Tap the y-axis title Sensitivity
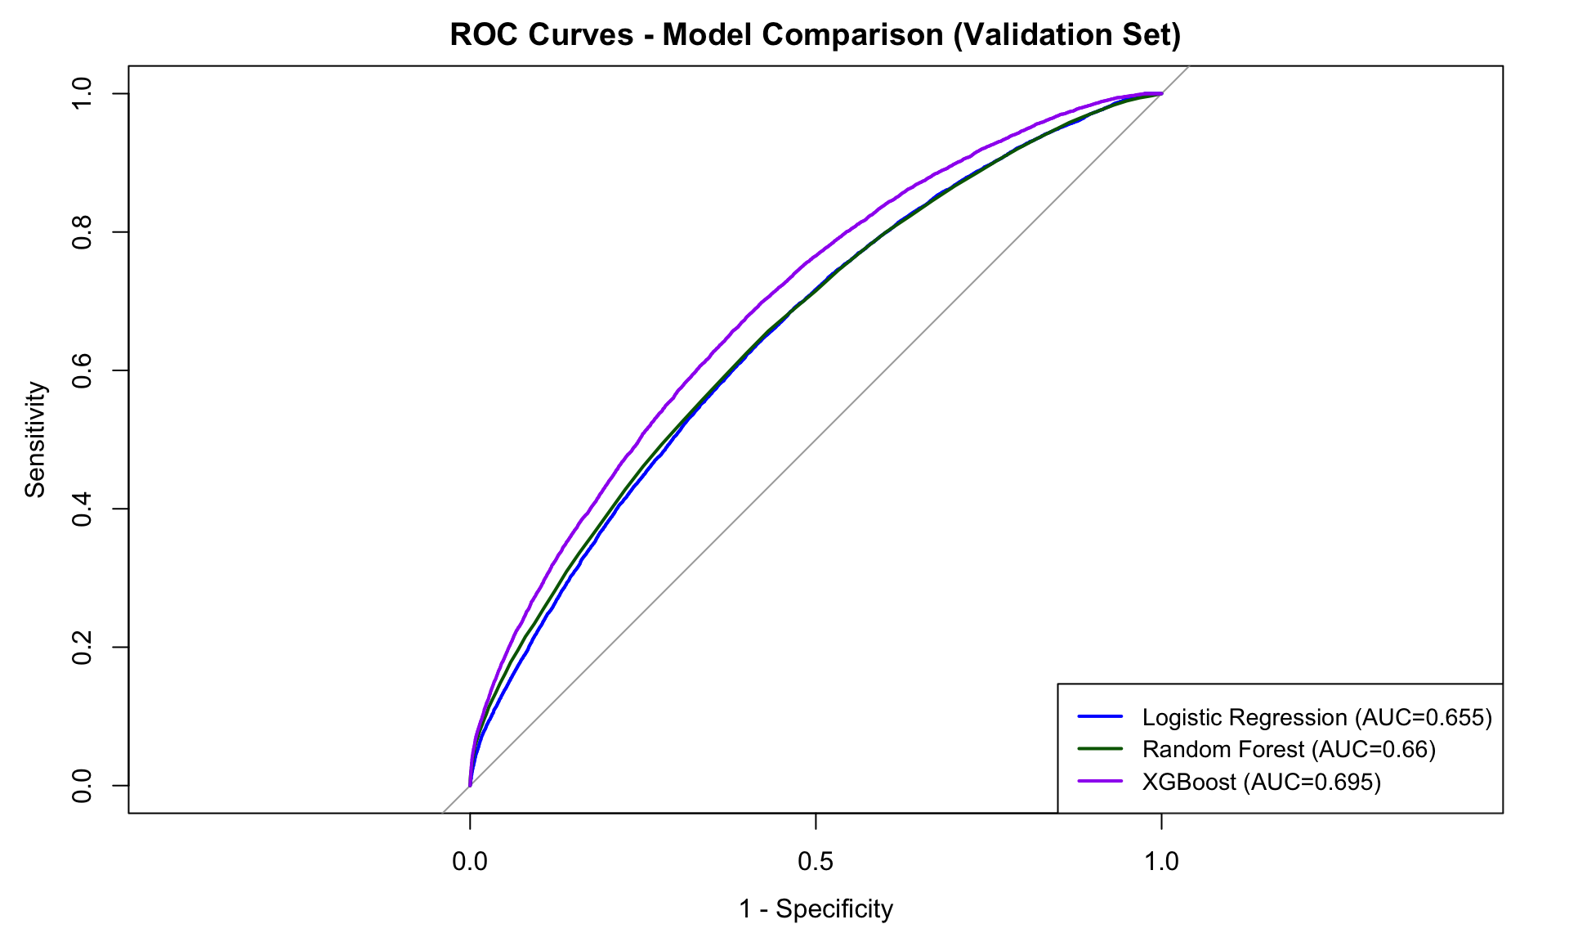tap(35, 439)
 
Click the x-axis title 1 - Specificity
tap(816, 908)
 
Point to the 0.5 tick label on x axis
tap(816, 861)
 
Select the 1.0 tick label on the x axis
tap(1161, 861)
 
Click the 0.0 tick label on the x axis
tap(470, 861)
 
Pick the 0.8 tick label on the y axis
tap(81, 232)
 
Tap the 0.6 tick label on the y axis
tap(81, 370)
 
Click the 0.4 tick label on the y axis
tap(81, 509)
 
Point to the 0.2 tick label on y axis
tap(81, 647)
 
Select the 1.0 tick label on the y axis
tap(81, 94)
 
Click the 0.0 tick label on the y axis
tap(81, 785)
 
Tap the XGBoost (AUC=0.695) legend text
tap(1261, 782)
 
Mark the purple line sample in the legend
tap(1100, 781)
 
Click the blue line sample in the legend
tap(1100, 716)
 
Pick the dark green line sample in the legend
tap(1100, 748)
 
